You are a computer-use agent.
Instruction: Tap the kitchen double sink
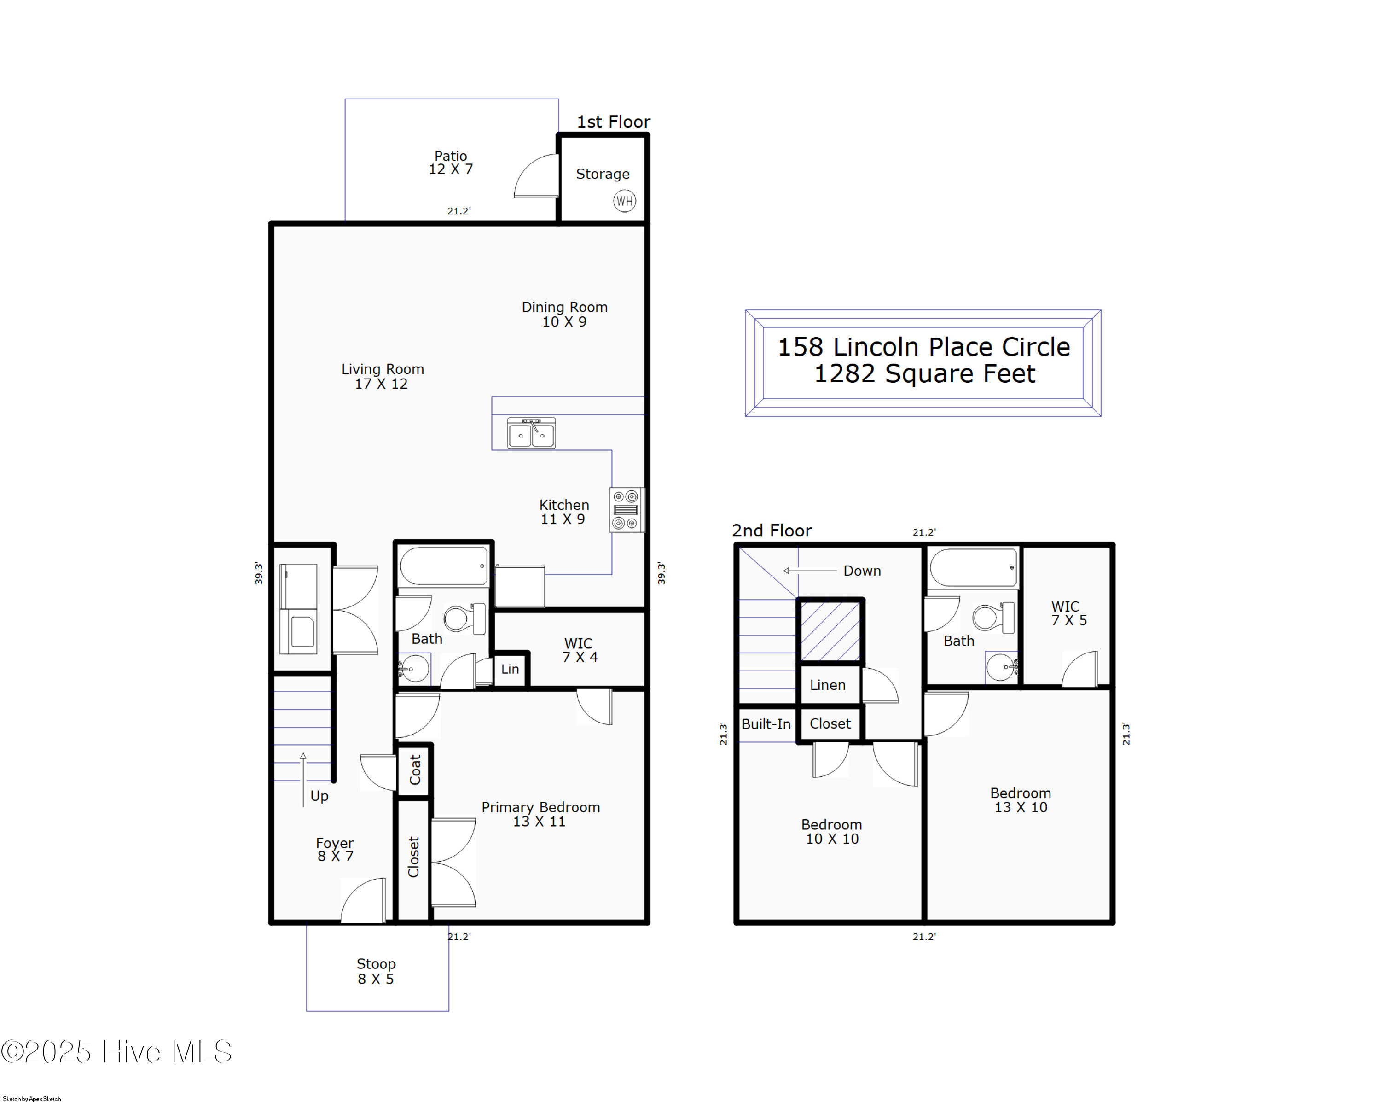point(531,433)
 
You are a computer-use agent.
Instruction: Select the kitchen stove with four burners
point(626,510)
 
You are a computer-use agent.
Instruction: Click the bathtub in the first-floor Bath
point(443,566)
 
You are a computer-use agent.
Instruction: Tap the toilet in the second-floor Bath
point(992,618)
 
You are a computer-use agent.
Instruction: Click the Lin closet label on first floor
point(510,669)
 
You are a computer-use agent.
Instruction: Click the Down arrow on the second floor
point(810,570)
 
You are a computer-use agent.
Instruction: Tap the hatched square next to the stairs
point(830,631)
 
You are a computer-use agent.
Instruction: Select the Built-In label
point(766,724)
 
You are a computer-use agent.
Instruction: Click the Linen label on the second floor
point(828,685)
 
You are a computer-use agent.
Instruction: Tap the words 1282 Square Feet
point(923,373)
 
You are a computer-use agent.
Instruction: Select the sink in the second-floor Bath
point(1000,668)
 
